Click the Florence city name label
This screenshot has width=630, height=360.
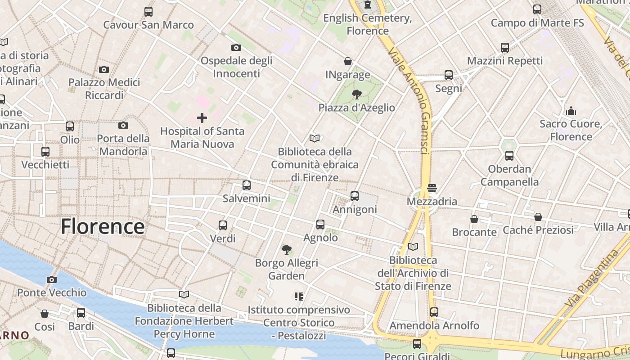click(103, 226)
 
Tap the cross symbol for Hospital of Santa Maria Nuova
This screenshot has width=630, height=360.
click(202, 118)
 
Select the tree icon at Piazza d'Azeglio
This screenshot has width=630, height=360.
click(357, 94)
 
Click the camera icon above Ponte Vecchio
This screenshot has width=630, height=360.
click(52, 279)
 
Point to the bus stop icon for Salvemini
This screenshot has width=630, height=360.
click(246, 185)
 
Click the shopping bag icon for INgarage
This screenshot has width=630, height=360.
click(348, 61)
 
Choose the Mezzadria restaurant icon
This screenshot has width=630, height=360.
click(432, 188)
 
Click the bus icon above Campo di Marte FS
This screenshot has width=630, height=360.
click(537, 9)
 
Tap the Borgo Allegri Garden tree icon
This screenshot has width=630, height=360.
click(286, 249)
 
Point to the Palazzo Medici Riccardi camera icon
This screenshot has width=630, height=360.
click(104, 69)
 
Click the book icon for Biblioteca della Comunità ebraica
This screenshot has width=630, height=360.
click(315, 138)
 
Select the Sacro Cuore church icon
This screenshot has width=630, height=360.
click(571, 111)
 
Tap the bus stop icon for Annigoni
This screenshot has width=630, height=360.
click(355, 196)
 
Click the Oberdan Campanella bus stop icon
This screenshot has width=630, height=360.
click(509, 156)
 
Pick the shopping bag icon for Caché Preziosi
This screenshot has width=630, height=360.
click(538, 217)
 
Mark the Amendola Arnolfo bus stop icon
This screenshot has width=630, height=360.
click(434, 312)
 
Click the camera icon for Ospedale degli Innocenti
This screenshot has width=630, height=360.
click(236, 47)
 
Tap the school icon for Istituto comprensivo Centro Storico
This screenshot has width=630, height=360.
click(299, 296)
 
